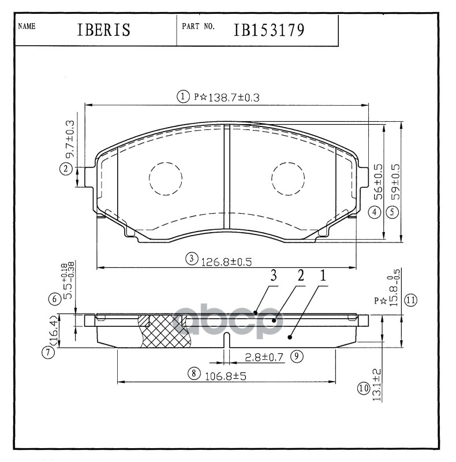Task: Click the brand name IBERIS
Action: tap(103, 30)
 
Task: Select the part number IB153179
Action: tap(269, 30)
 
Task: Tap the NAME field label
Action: tap(27, 26)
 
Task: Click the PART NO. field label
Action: tap(198, 26)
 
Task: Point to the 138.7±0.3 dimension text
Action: tap(234, 98)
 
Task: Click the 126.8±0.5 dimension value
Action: tap(226, 262)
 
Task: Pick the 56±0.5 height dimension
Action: tap(379, 182)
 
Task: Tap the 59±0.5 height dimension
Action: tap(395, 182)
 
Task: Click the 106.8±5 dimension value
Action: tap(226, 377)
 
